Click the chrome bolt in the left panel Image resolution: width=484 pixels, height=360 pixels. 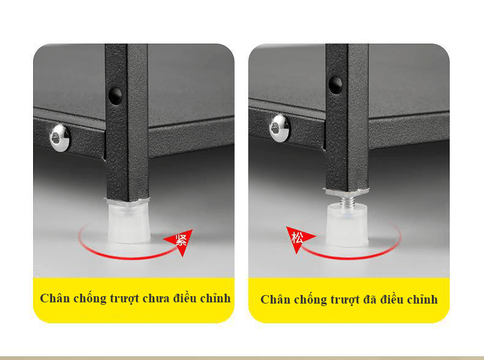(x=60, y=138)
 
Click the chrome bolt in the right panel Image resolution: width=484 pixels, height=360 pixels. (x=279, y=128)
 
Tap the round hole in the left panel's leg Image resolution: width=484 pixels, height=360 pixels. (x=115, y=96)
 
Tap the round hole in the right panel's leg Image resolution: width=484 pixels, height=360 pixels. (x=336, y=85)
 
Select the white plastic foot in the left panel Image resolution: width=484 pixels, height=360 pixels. (x=129, y=223)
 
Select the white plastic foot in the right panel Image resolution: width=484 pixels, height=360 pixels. (x=347, y=224)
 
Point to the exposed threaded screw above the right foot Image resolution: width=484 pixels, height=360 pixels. (x=347, y=201)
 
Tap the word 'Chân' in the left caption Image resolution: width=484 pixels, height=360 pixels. (x=55, y=299)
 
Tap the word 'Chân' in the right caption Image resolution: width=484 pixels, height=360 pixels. (x=275, y=300)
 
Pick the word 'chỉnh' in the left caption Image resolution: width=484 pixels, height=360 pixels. (x=216, y=299)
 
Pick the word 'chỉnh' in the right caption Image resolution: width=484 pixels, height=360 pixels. (x=422, y=300)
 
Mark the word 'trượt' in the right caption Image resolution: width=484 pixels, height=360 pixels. (x=344, y=300)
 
